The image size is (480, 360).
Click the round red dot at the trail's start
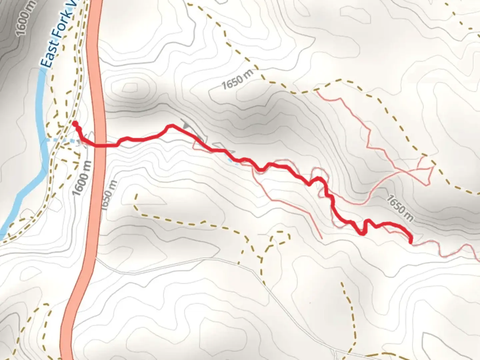tap(75, 124)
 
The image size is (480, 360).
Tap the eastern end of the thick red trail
tap(410, 241)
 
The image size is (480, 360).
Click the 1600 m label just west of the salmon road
tap(81, 179)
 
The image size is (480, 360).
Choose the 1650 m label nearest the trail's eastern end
tap(400, 208)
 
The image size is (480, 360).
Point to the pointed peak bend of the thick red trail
tap(171, 126)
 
